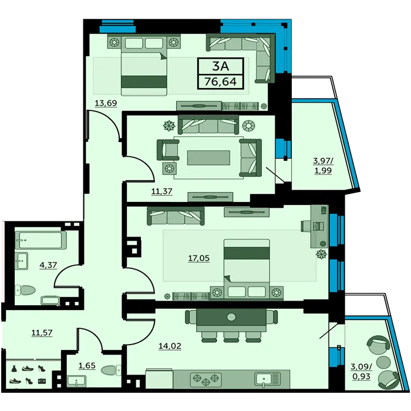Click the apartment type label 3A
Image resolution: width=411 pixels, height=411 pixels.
pos(220,66)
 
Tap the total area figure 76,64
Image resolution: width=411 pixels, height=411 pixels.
pos(220,82)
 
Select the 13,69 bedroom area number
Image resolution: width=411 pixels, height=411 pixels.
pos(106,103)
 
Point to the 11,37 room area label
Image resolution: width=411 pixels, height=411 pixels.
pos(161,191)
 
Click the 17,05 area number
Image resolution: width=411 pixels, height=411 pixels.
pos(199,258)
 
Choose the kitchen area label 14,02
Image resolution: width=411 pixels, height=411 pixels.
pos(170,346)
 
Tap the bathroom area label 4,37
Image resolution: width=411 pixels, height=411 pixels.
pos(48,265)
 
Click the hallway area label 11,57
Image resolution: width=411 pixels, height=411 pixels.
pos(42,333)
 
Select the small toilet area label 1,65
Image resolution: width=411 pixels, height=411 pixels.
pos(87,365)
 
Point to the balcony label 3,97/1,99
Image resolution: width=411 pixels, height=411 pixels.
pos(323,166)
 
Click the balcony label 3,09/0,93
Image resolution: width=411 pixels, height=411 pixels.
pos(361,372)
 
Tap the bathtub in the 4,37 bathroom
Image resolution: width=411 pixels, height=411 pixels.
pos(41,240)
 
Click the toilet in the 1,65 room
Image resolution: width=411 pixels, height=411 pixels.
pos(110,370)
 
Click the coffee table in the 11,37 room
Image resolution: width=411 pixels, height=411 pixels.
pos(208,158)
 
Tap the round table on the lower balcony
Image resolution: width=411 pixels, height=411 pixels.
pos(383,362)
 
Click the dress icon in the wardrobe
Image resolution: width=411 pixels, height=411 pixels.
pos(14,368)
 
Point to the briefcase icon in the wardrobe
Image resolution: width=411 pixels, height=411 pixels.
pos(42,380)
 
